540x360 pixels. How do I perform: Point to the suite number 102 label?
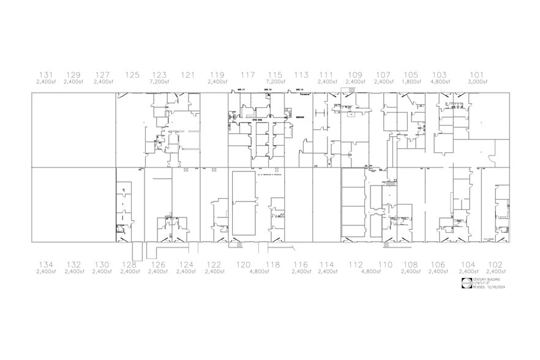495,264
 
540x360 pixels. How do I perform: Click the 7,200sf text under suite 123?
159,81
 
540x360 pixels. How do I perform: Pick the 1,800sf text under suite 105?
411,81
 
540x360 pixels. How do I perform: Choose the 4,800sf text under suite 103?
439,81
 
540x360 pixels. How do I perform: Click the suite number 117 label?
247,75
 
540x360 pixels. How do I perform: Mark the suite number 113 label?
301,75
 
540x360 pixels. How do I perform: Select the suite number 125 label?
132,75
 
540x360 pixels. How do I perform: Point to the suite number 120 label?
243,264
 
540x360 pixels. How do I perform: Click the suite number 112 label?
356,264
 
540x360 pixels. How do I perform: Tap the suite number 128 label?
129,264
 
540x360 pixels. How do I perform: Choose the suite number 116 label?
300,264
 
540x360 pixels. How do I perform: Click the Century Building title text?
486,279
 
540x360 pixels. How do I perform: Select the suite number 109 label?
355,75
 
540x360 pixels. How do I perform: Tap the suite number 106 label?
438,264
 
